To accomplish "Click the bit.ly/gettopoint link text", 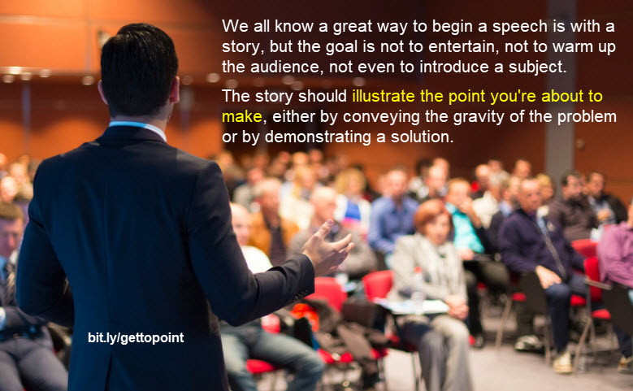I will click(135, 337).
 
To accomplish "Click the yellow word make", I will click(241, 117).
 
